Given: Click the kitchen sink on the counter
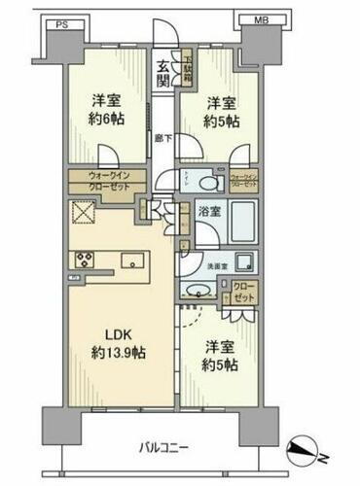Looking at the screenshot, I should pos(132,260).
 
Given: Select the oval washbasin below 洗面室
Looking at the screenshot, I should pos(198,291).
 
